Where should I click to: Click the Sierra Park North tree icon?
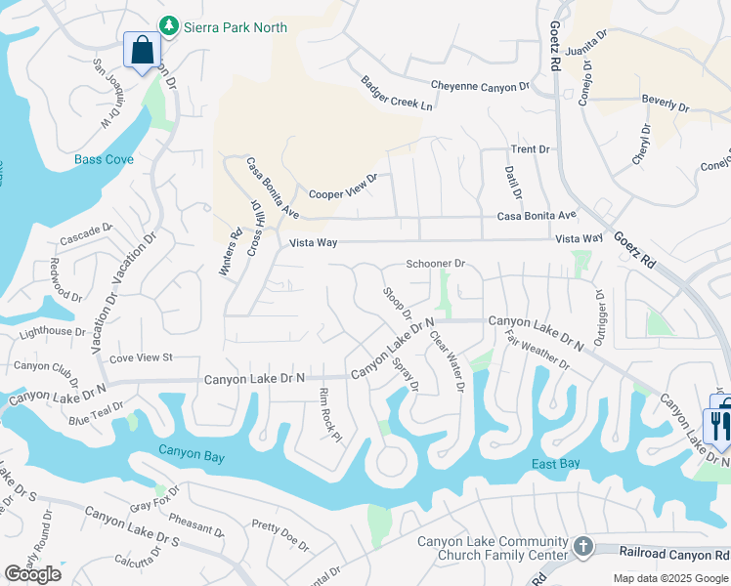[169, 24]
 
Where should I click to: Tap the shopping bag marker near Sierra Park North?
[143, 50]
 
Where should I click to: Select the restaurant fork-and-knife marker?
[716, 424]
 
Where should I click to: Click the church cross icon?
[583, 547]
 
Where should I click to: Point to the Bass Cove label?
[105, 159]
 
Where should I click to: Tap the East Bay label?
[557, 464]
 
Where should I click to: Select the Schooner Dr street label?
[436, 264]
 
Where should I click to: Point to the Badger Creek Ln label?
[396, 93]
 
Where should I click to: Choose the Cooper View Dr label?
[343, 188]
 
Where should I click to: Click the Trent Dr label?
[531, 149]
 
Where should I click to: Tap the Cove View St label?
[141, 357]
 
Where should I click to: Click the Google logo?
[32, 574]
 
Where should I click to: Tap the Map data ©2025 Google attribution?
[670, 578]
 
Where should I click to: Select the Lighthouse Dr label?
[54, 331]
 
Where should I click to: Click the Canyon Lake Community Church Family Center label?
[493, 549]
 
